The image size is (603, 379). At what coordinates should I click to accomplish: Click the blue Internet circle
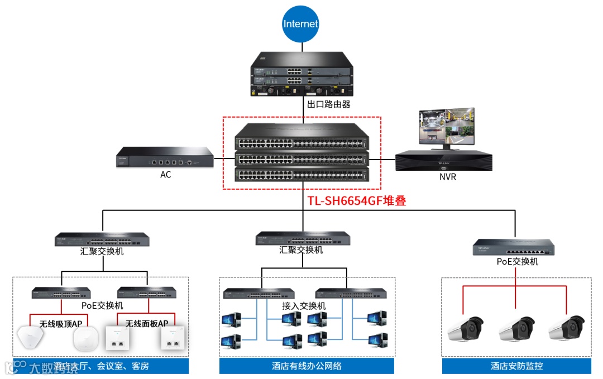[x=300, y=23]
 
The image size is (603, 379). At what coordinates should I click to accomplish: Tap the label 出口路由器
[x=329, y=104]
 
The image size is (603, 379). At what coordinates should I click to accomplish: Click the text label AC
[x=165, y=175]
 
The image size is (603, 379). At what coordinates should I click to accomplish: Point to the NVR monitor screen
[x=446, y=127]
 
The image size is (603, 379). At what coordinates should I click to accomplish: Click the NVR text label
[x=448, y=177]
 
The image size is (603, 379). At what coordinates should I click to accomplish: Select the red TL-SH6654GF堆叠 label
[x=357, y=201]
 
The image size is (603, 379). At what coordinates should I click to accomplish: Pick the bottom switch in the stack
[x=302, y=175]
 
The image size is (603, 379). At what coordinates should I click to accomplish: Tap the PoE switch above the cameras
[x=514, y=246]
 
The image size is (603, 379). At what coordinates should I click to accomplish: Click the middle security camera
[x=516, y=329]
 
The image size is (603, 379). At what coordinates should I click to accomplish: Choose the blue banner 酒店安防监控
[x=516, y=366]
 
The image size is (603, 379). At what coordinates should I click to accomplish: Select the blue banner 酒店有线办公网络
[x=307, y=366]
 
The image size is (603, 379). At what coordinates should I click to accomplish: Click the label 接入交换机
[x=304, y=306]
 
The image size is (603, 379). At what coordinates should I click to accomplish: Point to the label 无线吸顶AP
[x=60, y=323]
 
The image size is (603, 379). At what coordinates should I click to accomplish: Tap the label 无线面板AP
[x=146, y=323]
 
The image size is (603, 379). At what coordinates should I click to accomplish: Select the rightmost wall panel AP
[x=172, y=338]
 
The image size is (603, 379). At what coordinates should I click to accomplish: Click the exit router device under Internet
[x=301, y=75]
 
